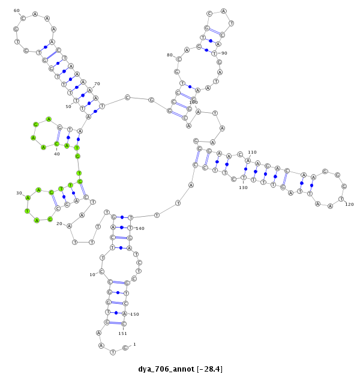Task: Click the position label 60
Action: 17,10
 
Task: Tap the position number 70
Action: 97,84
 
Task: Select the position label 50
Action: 68,106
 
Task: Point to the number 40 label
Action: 57,154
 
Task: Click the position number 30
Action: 19,193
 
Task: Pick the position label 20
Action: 59,223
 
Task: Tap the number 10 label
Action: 92,274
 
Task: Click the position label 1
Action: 134,344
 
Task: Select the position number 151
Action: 122,333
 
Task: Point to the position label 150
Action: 134,314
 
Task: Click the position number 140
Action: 140,228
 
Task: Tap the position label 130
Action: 243,187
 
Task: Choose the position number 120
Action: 349,204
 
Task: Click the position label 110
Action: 252,152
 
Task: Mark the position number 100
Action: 193,102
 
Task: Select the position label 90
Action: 223,53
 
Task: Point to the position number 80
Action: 170,55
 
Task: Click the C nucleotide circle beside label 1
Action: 125,348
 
